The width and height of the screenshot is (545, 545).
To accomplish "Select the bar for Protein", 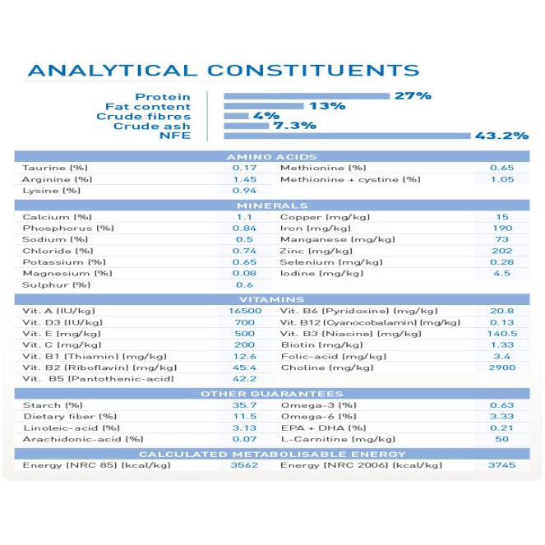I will tap(306, 96).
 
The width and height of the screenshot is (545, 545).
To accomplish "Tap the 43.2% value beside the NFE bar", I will tap(501, 136).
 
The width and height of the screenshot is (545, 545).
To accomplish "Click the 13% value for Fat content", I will tap(326, 106).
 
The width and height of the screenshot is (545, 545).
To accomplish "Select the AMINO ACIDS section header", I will tap(271, 156).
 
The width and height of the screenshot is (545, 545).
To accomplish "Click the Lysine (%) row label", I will tap(51, 191).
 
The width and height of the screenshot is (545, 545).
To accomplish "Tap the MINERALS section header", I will tap(271, 206).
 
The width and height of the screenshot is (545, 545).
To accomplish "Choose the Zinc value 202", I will tap(501, 251).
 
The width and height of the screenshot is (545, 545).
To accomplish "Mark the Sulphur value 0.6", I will tap(245, 285).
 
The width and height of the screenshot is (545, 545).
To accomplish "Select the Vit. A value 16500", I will tap(245, 312).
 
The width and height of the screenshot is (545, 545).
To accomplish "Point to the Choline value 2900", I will tap(501, 367).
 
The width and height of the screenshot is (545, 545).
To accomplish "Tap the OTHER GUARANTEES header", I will tap(271, 394).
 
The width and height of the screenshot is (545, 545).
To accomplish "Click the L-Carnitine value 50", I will tap(501, 440).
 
